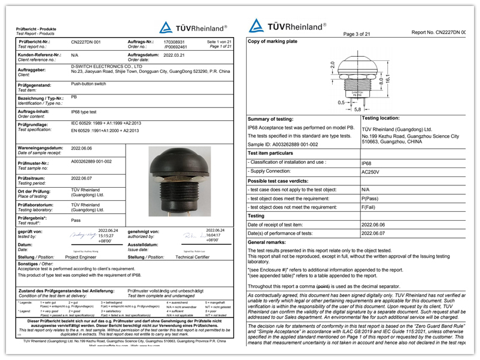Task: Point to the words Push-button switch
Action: [89, 85]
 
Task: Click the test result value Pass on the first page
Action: [76, 221]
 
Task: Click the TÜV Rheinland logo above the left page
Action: [193, 28]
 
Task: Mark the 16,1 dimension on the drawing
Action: [387, 79]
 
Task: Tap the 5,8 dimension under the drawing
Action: [357, 109]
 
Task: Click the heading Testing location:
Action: [384, 118]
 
